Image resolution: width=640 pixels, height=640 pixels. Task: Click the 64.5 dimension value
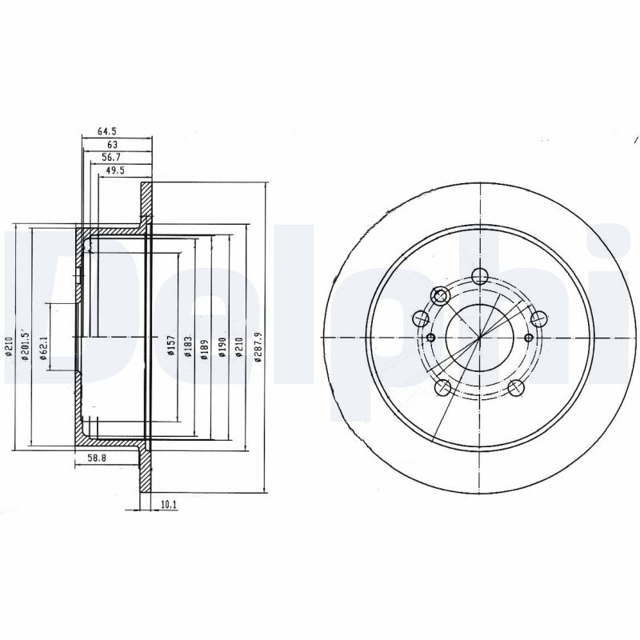[x=108, y=130]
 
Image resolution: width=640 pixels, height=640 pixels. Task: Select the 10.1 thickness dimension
[x=168, y=505]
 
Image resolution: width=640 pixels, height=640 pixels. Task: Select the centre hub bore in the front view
[x=478, y=337]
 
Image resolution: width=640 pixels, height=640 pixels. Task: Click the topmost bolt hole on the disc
[x=479, y=277]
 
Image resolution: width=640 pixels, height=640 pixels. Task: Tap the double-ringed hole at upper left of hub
[x=440, y=296]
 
